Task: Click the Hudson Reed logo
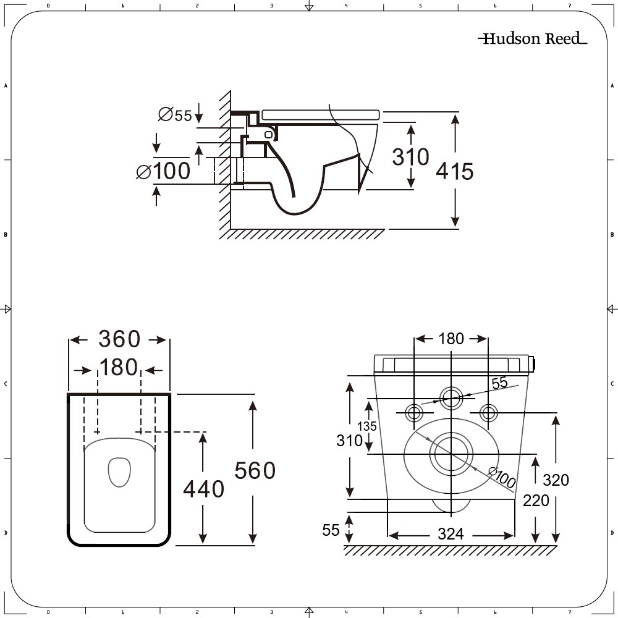coord(533,38)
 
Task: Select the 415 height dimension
coord(454,171)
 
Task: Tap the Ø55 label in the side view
coord(175,115)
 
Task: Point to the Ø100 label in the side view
coord(163,171)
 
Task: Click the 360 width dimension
coord(119,339)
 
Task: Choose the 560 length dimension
coord(255,470)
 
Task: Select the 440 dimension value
coord(203,489)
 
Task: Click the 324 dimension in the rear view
coord(451,535)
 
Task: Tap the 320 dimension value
coord(556,480)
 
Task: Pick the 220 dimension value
coord(536,501)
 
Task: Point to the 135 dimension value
coord(367,426)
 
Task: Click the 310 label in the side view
coord(410,157)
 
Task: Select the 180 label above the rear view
coord(451,339)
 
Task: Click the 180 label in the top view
coord(118,367)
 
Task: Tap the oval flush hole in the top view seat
coord(119,472)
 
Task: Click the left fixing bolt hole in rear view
coord(414,413)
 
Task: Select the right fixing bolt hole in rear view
coord(488,413)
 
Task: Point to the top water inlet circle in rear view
coord(451,398)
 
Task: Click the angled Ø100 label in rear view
coord(502,477)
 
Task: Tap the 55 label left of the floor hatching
coord(331,530)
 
